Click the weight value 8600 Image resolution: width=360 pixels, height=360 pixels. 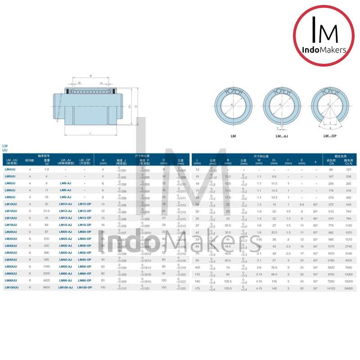pyautogui.click(x=46, y=287)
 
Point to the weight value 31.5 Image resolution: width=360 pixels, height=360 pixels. pyautogui.click(x=46, y=211)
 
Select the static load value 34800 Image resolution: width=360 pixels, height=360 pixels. pyautogui.click(x=348, y=287)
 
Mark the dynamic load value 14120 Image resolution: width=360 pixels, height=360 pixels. pyautogui.click(x=331, y=287)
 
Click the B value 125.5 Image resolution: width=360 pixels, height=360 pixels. pyautogui.click(x=228, y=287)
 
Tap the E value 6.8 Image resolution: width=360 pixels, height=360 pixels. pyautogui.click(x=302, y=204)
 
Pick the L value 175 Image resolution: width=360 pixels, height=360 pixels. pyautogui.click(x=197, y=287)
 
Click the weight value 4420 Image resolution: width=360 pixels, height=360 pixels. pyautogui.click(x=46, y=280)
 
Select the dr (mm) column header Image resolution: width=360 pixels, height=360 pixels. pyautogui.click(x=103, y=161)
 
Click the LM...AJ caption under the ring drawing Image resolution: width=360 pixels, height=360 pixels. pyautogui.click(x=282, y=135)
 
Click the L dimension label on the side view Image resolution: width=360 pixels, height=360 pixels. pyautogui.click(x=90, y=133)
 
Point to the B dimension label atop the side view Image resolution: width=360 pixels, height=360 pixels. pyautogui.click(x=90, y=76)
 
